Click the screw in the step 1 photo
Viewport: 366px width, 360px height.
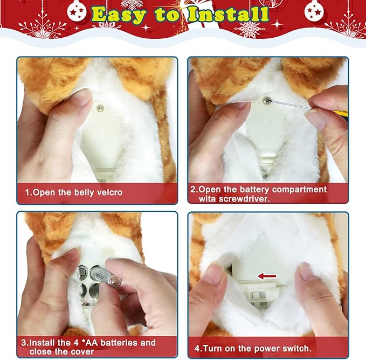[99, 108]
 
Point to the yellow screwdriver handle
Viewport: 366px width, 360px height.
[341, 114]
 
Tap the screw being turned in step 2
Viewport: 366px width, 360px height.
[268, 99]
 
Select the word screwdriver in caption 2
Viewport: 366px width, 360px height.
[246, 199]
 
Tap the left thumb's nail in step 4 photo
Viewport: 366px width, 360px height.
[212, 274]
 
